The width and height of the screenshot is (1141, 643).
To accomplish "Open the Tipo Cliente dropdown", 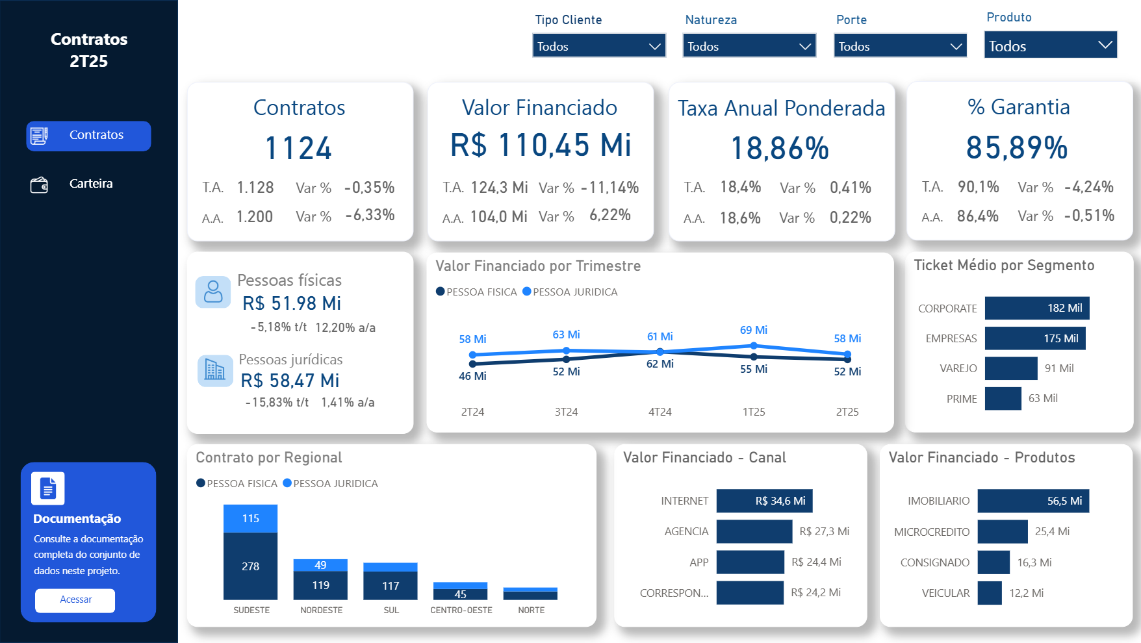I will point(598,46).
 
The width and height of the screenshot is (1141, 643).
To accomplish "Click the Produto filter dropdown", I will point(1050,45).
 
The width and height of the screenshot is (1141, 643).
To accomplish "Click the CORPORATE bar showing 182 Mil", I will point(1036,308).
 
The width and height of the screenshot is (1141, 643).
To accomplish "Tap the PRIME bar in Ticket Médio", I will point(1003,398).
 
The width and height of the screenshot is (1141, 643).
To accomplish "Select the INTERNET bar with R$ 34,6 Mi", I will point(764,501).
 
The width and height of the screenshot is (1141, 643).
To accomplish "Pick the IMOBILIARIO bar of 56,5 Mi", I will point(1032,501).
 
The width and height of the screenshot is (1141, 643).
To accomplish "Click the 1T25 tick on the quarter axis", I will point(754,412).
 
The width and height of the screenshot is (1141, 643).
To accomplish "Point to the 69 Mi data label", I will point(754,330).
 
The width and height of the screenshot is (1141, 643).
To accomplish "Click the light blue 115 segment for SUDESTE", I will point(250,518).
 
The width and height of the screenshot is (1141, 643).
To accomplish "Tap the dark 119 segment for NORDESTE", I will point(320,585).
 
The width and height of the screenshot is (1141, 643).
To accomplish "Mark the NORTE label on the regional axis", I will point(531,610).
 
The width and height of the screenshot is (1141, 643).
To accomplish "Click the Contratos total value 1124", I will point(298,148).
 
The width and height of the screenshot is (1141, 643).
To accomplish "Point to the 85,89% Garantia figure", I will point(1017,147).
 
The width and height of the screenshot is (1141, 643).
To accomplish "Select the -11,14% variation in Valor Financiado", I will point(609,188).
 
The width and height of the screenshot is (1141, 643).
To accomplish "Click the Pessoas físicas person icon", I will point(213,292).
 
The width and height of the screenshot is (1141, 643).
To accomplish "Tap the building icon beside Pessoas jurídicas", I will point(215,370).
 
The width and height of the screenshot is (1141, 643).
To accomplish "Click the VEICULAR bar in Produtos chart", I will point(989,592).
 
